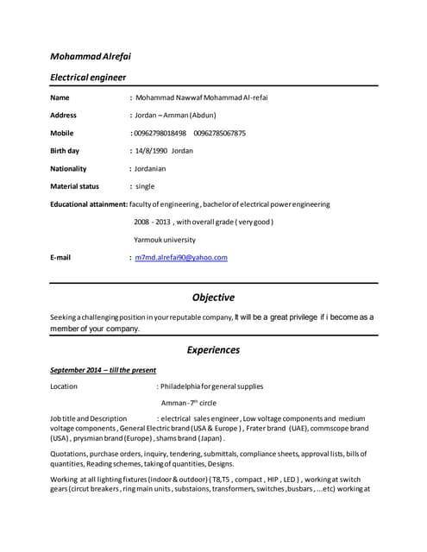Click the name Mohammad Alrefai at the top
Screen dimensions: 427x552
pos(91,57)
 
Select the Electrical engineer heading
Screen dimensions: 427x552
pos(88,78)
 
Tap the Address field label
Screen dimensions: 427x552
pos(63,115)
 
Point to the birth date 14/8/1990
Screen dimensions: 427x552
pos(152,150)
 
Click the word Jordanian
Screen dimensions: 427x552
pos(150,168)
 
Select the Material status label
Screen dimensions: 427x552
pos(74,186)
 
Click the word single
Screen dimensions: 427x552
pos(145,186)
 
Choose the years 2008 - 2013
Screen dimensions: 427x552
pos(152,222)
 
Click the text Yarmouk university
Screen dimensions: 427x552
pos(164,240)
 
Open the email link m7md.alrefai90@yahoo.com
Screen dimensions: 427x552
pos(180,257)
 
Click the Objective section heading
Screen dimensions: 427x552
pos(213,298)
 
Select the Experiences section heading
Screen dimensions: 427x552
pos(213,350)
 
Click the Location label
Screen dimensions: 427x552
pos(64,386)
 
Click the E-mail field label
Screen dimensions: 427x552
pos(60,257)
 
